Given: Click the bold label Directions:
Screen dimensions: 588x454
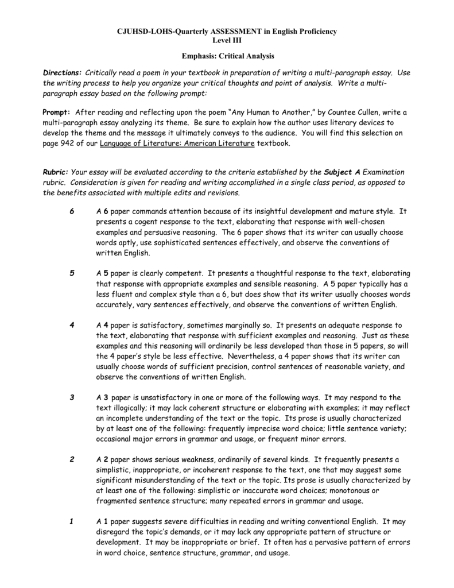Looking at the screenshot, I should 63,74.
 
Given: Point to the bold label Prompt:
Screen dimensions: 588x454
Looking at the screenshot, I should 57,112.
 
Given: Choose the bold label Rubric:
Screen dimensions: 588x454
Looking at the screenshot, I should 56,172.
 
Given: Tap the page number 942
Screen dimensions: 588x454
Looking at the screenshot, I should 79,144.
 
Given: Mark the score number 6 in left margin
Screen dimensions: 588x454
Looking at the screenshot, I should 71,212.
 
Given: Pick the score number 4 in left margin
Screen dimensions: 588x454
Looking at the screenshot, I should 71,326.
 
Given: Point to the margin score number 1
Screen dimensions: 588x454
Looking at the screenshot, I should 71,522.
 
